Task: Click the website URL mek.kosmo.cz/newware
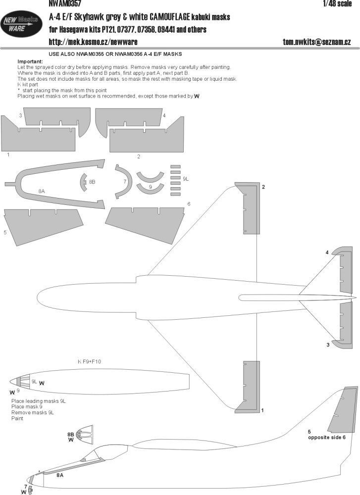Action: click(93, 42)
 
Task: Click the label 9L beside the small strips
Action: click(186, 178)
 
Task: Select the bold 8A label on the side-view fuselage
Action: click(60, 475)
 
